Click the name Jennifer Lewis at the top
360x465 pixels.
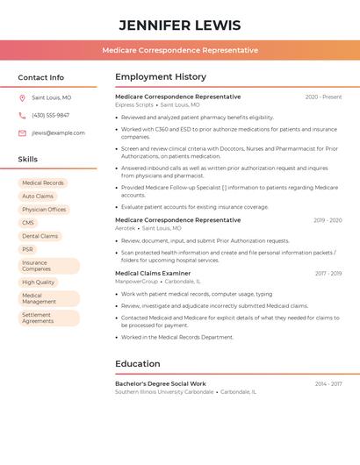tap(179, 25)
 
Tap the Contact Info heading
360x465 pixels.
tap(40, 77)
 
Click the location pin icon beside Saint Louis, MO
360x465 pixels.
tap(22, 98)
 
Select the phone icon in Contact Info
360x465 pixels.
tap(22, 116)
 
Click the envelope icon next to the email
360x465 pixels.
tap(22, 133)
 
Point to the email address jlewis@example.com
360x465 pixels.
tap(58, 133)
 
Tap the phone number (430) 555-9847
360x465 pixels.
tap(50, 116)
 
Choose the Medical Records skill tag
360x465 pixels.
tap(43, 183)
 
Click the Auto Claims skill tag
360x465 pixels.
tap(38, 197)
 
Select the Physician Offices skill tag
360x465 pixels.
tap(44, 210)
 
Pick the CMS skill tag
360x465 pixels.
tap(28, 223)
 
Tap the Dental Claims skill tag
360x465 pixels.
tap(40, 236)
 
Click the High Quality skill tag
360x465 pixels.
tap(39, 283)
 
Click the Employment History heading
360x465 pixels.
tap(161, 77)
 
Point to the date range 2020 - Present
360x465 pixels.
tap(323, 97)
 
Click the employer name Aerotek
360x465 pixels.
tap(126, 228)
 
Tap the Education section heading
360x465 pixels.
tap(138, 364)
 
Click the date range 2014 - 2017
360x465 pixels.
tap(328, 384)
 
